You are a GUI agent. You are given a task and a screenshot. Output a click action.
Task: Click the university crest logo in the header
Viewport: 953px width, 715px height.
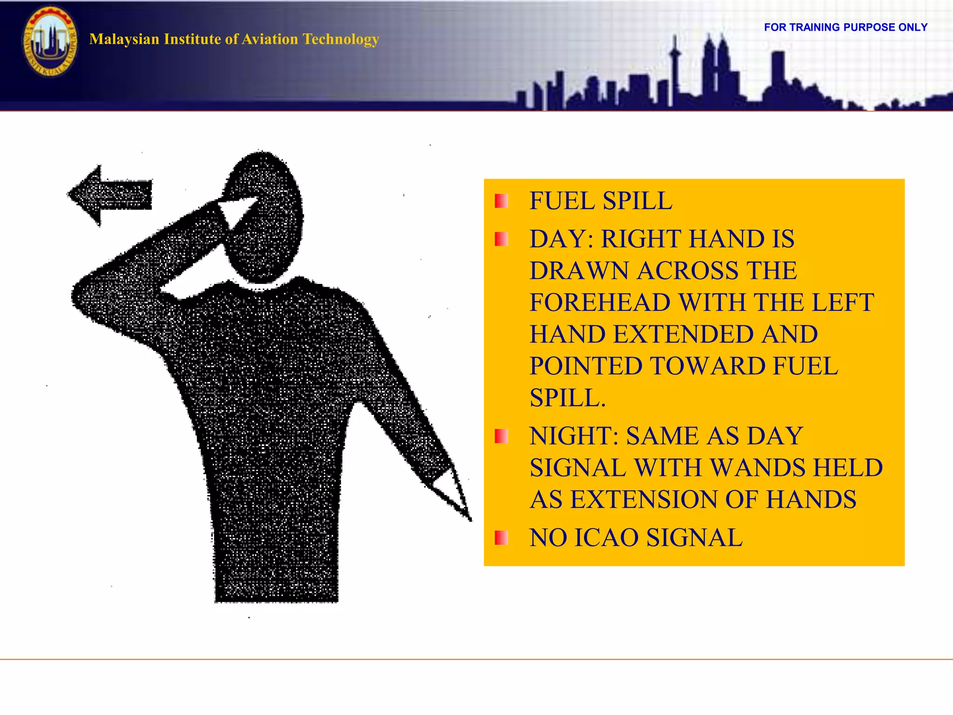coord(50,42)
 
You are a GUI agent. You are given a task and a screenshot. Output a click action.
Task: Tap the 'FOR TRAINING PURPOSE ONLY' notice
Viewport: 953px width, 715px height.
coord(846,27)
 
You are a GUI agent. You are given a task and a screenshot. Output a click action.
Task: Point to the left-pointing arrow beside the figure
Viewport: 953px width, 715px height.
coord(110,195)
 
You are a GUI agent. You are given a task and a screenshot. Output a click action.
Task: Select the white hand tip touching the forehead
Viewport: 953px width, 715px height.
coord(233,209)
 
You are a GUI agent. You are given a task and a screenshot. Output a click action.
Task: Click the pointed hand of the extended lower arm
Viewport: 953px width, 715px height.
coord(454,493)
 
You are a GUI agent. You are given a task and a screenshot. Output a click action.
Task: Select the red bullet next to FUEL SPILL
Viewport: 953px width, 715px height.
coord(501,201)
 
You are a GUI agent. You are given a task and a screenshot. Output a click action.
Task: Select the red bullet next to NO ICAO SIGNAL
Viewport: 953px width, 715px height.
coord(501,538)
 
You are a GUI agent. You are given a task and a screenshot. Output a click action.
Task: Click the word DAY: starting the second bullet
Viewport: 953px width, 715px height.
coord(562,239)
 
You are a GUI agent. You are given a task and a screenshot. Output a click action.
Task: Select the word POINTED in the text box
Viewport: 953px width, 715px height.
coord(587,366)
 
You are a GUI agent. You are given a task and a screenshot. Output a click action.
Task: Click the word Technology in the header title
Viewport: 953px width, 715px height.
coord(341,39)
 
